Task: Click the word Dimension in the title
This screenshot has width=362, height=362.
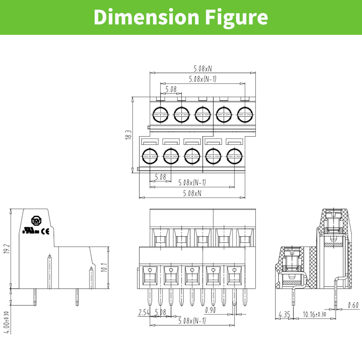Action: (146, 17)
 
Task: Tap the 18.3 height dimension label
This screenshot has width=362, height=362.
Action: (129, 134)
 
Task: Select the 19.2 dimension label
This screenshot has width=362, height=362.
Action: (7, 248)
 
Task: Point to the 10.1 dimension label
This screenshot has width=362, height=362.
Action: (104, 267)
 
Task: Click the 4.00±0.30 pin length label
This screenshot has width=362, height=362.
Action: (7, 322)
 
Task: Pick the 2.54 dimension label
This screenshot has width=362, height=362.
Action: (144, 312)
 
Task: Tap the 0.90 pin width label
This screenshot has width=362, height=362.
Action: (210, 310)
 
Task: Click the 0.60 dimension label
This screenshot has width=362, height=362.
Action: (353, 305)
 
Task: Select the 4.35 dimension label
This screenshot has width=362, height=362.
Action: (284, 314)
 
